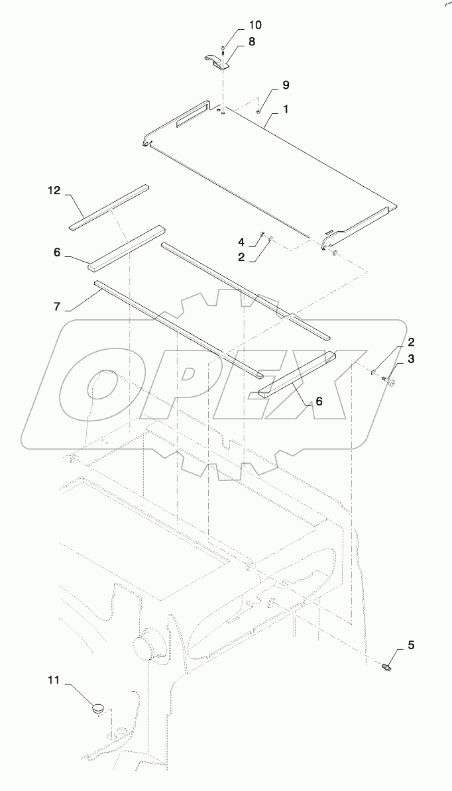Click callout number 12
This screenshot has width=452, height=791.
(54, 191)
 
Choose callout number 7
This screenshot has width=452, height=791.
(57, 307)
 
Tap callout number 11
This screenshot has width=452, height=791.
(54, 680)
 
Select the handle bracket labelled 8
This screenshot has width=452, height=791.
(215, 60)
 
